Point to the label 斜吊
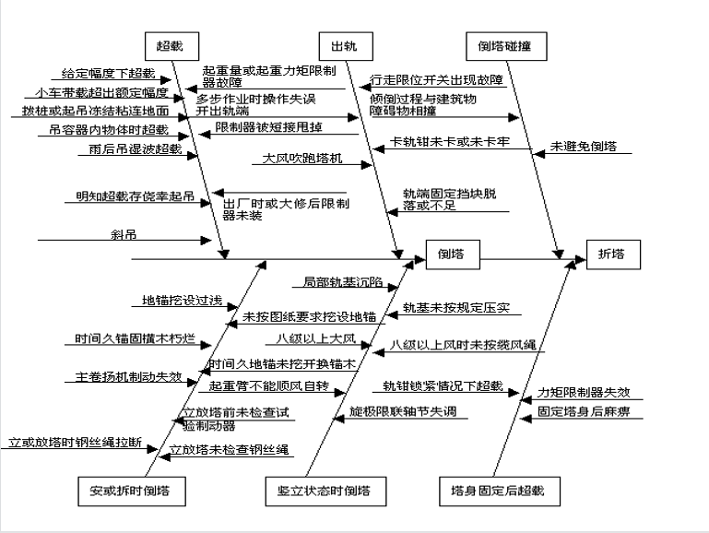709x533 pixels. point(124,234)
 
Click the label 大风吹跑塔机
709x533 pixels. point(301,159)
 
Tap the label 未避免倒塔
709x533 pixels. point(584,146)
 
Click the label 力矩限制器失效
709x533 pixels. point(585,392)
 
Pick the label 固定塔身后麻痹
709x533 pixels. point(584,411)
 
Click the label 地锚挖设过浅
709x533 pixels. point(182,301)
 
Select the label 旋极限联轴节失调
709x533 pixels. point(402,411)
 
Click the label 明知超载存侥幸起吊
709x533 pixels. point(136,196)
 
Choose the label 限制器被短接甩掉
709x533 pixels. point(269,126)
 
